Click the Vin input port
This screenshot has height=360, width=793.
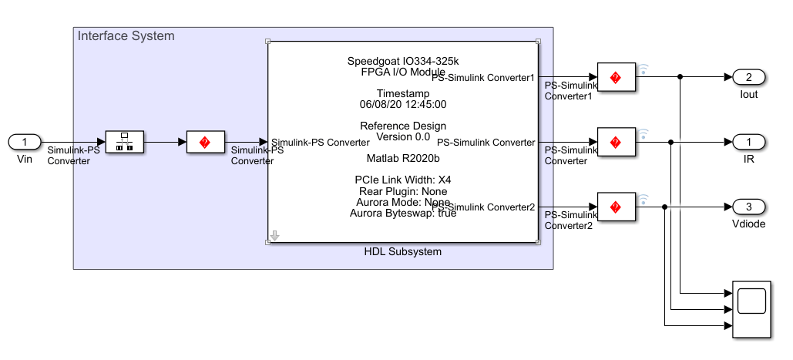pyautogui.click(x=25, y=142)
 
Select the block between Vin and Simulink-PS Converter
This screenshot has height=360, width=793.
pyautogui.click(x=123, y=142)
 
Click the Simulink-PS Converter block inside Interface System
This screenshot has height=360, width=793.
pyautogui.click(x=205, y=142)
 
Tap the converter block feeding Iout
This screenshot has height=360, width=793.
pyautogui.click(x=615, y=77)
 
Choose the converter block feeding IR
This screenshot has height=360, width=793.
pyautogui.click(x=615, y=142)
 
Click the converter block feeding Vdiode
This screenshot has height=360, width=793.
pyautogui.click(x=615, y=207)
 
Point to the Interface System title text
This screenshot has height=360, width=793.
pyautogui.click(x=126, y=36)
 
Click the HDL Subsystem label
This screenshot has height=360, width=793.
pyautogui.click(x=402, y=252)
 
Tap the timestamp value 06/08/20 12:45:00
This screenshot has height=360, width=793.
pyautogui.click(x=403, y=104)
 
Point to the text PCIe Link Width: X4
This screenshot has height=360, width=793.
pyautogui.click(x=403, y=180)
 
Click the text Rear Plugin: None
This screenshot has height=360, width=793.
pyautogui.click(x=403, y=191)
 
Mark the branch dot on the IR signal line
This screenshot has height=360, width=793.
pyautogui.click(x=671, y=142)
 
